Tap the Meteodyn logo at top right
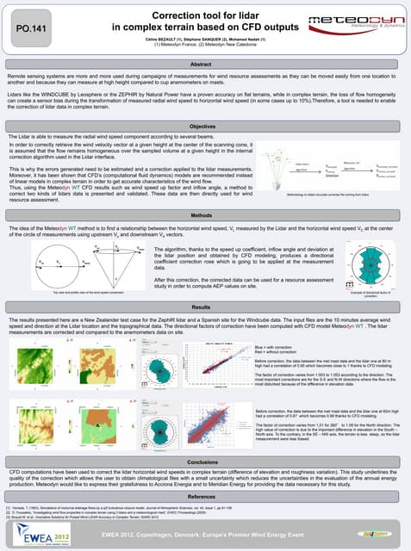coord(360,27)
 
